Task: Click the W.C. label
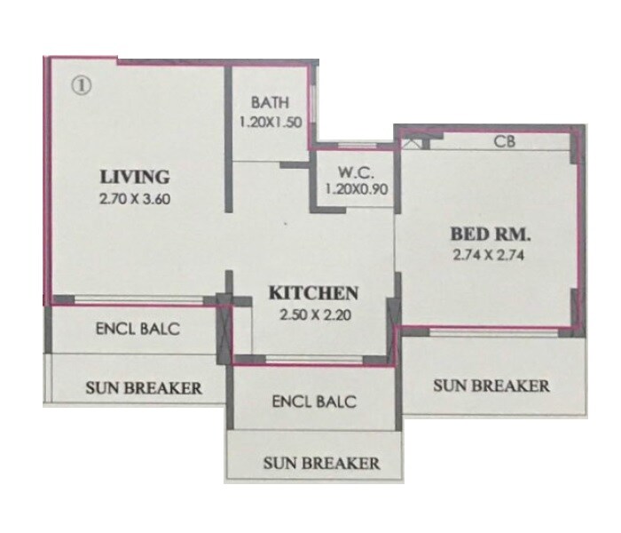(352, 171)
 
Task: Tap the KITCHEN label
(313, 292)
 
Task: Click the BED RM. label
(490, 235)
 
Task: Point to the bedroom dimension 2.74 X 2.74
(490, 259)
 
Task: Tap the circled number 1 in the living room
(81, 86)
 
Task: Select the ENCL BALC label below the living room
(138, 329)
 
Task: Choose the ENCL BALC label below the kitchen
(313, 402)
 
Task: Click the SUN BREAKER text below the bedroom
(491, 386)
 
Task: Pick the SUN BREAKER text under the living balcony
(143, 387)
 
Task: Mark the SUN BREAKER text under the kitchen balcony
(321, 463)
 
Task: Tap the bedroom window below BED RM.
(492, 330)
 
